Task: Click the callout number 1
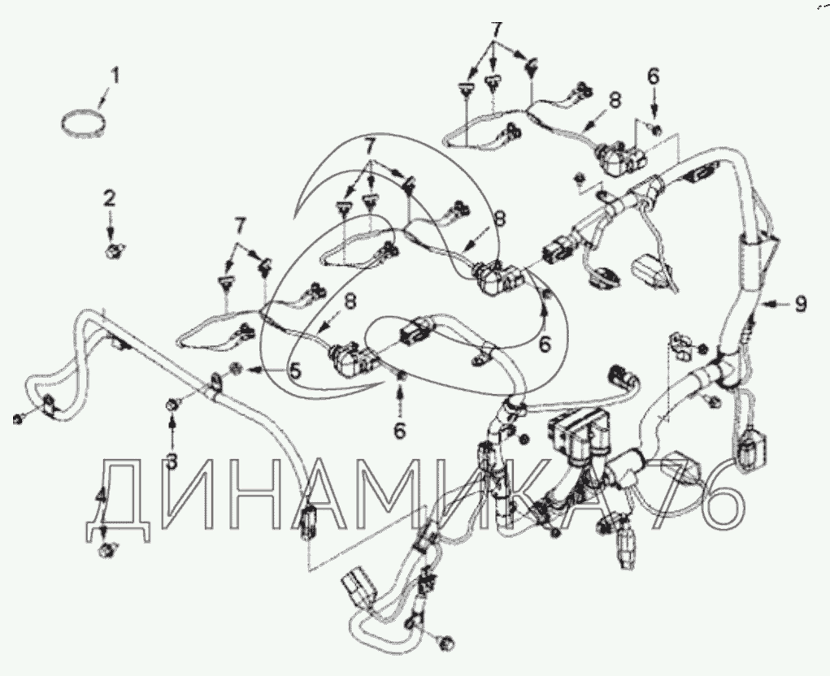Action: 115,75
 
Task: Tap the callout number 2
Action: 109,199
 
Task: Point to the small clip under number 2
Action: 111,249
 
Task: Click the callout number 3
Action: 171,461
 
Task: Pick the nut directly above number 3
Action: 171,405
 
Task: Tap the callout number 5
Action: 294,370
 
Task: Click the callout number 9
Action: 801,304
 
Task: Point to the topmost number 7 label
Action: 495,31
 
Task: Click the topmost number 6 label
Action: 654,77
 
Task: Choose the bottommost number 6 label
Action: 400,431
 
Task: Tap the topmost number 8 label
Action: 614,101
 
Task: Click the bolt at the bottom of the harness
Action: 446,643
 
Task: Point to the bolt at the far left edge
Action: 16,419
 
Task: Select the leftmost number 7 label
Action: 241,227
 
